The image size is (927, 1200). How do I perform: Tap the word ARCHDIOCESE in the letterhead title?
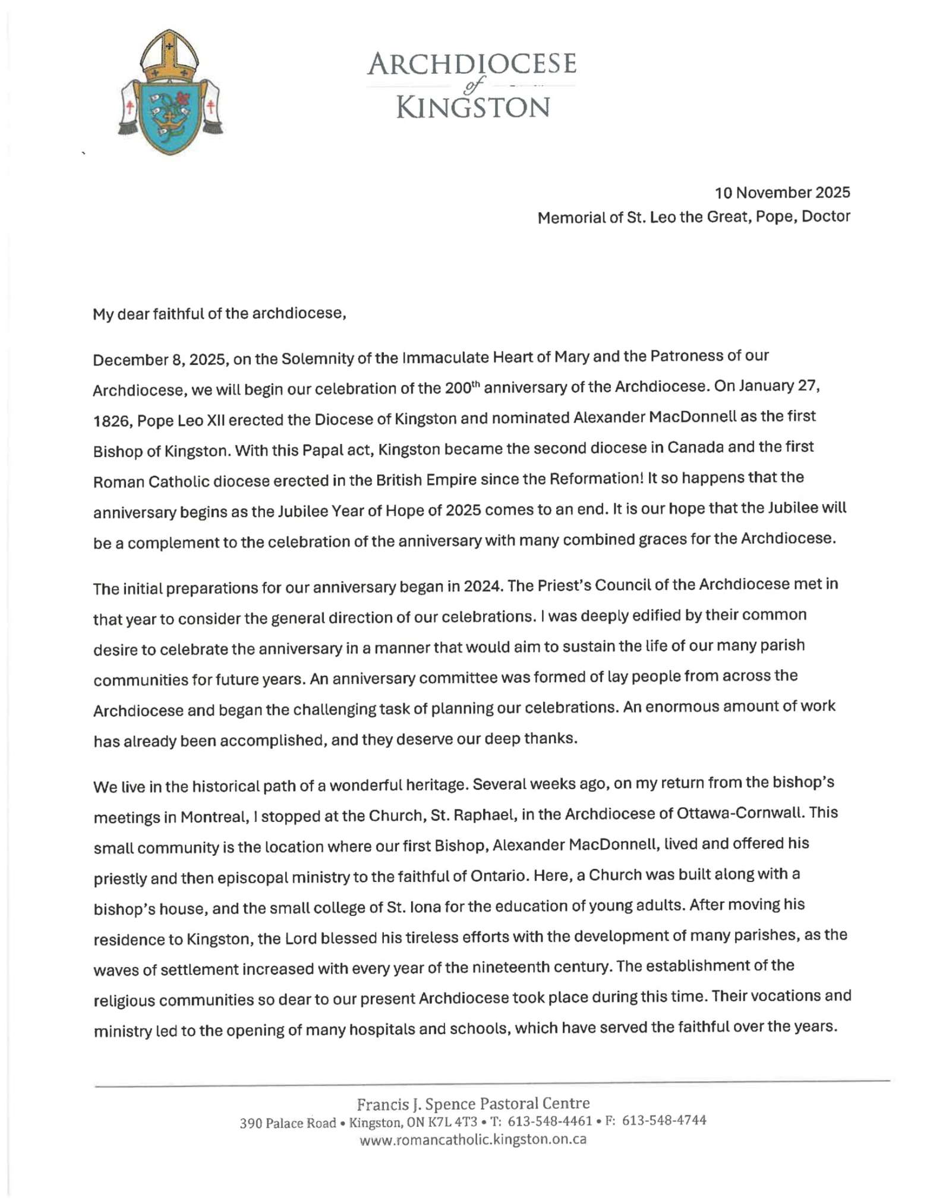coord(471,64)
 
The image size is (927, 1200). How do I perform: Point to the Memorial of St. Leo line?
coord(693,217)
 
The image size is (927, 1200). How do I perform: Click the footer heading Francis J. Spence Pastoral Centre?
coord(472,1104)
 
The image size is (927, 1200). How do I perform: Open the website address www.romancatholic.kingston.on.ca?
coord(472,1139)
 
